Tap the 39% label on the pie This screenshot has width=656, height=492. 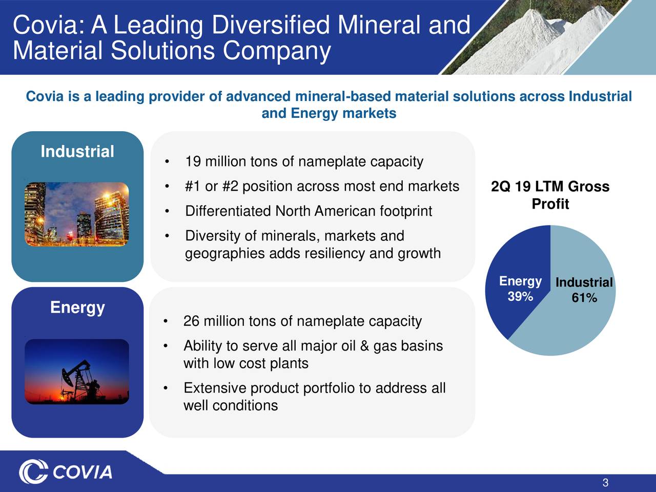click(x=520, y=297)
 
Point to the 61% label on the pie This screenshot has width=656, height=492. click(x=584, y=298)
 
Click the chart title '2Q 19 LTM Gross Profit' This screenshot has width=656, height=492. click(x=550, y=195)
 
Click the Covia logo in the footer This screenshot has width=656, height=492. click(x=66, y=471)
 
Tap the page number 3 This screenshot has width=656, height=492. click(x=605, y=483)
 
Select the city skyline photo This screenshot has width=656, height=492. click(x=77, y=214)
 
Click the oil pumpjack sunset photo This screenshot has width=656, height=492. click(x=77, y=372)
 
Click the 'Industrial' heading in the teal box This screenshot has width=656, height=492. click(x=77, y=152)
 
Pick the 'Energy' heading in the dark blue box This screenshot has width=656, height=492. click(x=77, y=307)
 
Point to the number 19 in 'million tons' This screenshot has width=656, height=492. click(x=193, y=162)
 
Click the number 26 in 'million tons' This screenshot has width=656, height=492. click(x=191, y=321)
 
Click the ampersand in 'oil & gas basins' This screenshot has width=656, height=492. click(x=364, y=346)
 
